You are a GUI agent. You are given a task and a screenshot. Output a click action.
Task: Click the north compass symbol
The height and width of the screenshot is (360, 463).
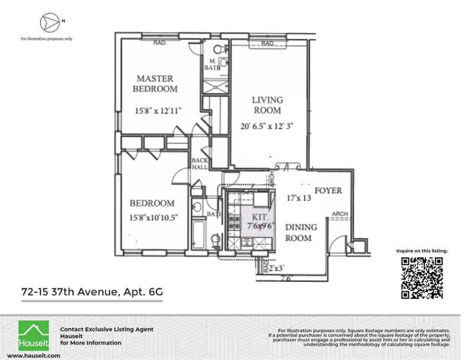click(49, 22)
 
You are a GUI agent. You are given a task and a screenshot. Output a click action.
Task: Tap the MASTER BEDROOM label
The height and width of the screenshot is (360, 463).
click(155, 83)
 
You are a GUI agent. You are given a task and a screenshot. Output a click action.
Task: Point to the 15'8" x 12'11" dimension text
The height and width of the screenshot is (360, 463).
click(157, 111)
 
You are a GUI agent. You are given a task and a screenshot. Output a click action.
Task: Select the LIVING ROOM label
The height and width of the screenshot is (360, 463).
click(268, 105)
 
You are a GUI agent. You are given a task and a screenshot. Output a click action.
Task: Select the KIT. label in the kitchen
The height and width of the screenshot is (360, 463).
click(260, 217)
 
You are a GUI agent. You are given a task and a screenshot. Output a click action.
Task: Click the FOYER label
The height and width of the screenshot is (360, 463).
click(328, 191)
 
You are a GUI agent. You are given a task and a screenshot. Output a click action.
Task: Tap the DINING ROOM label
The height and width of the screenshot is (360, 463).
click(301, 232)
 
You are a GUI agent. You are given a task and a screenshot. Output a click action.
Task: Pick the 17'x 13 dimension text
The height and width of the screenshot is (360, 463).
click(299, 198)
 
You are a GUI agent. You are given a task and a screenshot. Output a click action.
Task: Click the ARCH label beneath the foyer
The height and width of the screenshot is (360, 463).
click(340, 214)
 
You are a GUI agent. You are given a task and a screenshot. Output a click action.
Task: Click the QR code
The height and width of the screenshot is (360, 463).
click(422, 278)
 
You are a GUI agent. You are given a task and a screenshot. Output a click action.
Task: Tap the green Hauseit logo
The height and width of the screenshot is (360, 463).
click(33, 335)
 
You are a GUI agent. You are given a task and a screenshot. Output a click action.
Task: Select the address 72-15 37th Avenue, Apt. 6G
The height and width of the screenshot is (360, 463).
click(92, 292)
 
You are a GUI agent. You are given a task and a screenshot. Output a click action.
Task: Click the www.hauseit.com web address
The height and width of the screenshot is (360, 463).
click(33, 356)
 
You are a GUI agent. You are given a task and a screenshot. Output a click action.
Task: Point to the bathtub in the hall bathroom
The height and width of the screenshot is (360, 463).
click(198, 235)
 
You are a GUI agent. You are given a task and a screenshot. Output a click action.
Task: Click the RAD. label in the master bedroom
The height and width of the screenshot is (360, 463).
click(161, 44)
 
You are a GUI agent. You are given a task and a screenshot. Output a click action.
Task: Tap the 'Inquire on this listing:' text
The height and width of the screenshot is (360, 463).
click(422, 251)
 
